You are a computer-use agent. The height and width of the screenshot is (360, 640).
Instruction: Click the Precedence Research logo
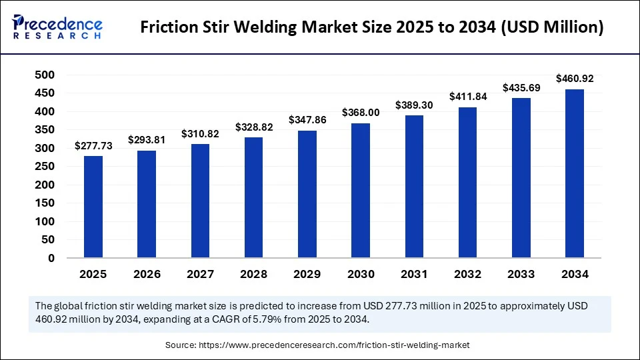57,27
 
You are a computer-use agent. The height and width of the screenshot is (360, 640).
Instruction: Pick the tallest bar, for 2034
575,173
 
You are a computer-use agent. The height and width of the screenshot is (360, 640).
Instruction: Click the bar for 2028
254,197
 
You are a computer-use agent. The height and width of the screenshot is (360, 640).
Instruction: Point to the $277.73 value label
93,145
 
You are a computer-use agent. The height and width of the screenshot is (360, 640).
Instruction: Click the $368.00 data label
361,113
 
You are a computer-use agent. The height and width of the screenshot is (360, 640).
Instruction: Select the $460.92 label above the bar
575,79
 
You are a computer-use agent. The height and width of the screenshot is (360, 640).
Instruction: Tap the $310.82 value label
200,134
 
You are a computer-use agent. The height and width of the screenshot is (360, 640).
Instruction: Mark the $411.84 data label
468,96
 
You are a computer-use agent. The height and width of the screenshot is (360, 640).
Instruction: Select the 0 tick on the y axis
51,258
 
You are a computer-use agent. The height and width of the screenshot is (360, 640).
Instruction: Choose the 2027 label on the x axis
200,274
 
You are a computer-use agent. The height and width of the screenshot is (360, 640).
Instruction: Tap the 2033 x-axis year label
521,274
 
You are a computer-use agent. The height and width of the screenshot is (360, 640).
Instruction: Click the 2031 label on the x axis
414,274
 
